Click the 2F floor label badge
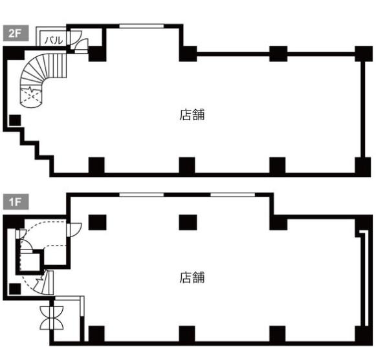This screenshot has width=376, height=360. click(16, 33)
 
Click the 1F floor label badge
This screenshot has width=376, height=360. click(16, 202)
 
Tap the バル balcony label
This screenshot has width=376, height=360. click(54, 40)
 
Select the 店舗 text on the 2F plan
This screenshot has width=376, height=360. click(192, 114)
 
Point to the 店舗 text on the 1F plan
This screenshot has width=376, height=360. click(192, 277)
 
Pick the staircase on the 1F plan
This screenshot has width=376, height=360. click(45, 282)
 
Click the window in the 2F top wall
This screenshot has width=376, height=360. click(142, 26)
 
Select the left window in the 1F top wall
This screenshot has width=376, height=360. click(142, 195)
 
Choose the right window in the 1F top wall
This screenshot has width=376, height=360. click(232, 195)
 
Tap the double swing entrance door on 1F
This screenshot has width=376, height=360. click(52, 318)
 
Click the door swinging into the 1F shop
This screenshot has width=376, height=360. click(74, 229)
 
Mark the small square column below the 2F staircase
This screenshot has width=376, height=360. click(15, 120)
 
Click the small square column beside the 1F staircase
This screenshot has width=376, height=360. click(15, 289)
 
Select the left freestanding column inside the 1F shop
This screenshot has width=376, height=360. click(97, 222)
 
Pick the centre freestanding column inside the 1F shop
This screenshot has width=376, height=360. click(188, 222)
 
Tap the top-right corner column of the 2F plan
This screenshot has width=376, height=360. click(364, 54)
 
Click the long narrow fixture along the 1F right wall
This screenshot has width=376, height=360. click(364, 279)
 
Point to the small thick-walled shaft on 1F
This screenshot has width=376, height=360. click(30, 262)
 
